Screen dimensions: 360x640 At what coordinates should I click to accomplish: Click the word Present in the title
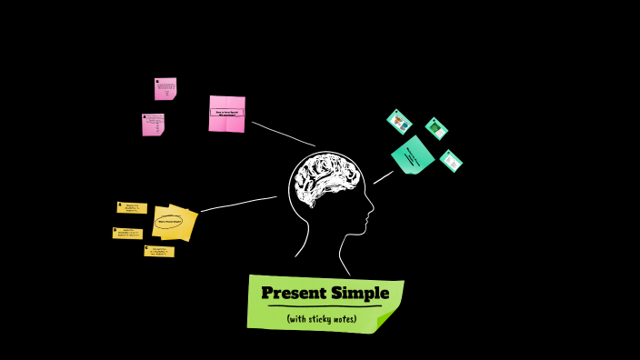click(x=294, y=293)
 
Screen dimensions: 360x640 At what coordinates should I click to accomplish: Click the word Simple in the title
click(x=360, y=293)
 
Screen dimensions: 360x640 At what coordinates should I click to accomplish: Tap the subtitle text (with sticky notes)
click(x=321, y=319)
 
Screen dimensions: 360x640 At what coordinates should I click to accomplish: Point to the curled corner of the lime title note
click(x=386, y=319)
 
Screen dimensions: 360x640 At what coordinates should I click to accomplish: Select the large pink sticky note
click(x=226, y=114)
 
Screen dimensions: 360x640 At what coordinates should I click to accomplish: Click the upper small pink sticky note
click(x=165, y=88)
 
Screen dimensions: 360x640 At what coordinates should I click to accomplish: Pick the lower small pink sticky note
click(x=153, y=125)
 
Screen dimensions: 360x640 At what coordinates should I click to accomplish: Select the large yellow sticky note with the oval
click(x=174, y=222)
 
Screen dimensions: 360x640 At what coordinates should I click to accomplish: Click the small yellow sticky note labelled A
click(x=132, y=208)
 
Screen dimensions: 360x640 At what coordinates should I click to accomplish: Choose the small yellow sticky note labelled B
click(x=127, y=234)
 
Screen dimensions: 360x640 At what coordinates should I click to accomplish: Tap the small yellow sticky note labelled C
click(x=159, y=251)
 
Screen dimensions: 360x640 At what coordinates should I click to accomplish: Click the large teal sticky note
click(x=413, y=155)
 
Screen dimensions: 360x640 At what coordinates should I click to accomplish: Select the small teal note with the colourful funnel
click(x=399, y=121)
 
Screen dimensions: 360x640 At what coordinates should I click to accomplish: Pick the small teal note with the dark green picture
click(x=436, y=128)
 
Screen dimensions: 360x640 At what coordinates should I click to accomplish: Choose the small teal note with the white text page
click(x=451, y=161)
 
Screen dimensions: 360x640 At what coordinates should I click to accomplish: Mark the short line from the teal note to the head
click(x=383, y=176)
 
